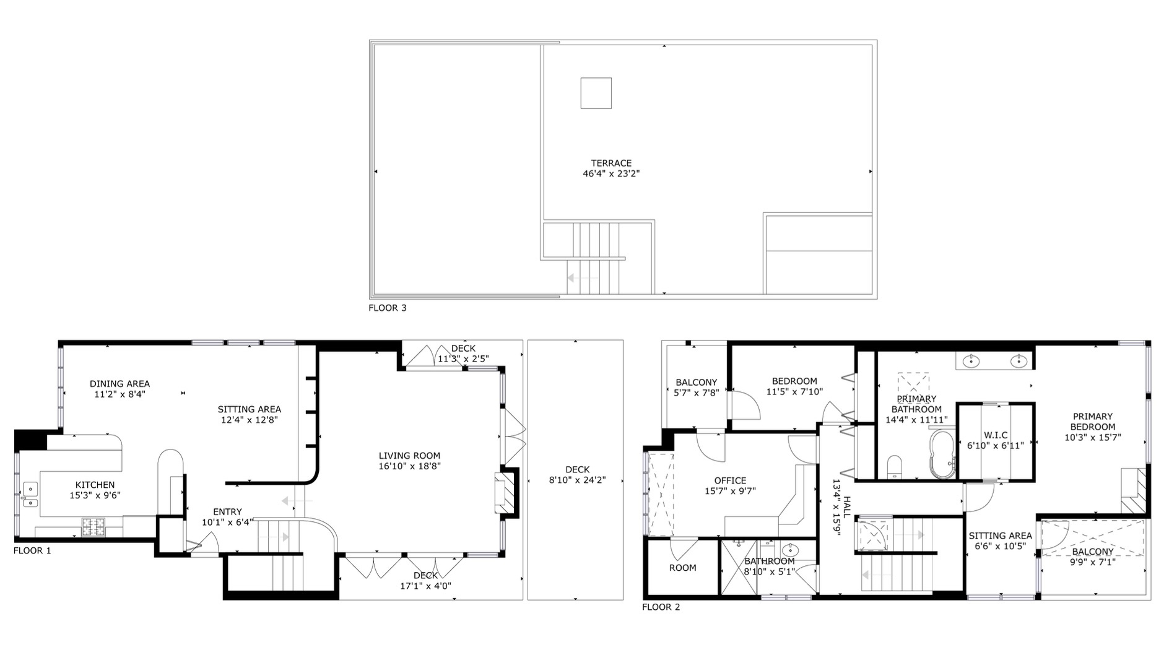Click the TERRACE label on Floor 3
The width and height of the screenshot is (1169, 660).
611,163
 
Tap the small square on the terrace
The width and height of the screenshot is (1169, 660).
596,93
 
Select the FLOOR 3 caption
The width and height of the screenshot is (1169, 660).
388,308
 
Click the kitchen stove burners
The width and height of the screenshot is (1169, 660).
94,527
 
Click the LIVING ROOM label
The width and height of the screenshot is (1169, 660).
409,456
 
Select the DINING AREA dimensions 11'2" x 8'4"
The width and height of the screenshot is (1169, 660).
120,394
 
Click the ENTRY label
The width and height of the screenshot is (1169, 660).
227,512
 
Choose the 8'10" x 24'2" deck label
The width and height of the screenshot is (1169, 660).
577,480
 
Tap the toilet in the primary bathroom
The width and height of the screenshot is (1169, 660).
895,467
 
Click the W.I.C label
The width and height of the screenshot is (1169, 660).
996,435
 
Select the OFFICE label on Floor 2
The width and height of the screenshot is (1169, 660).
730,480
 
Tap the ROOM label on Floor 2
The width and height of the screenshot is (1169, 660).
682,568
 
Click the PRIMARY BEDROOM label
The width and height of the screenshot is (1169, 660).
1093,422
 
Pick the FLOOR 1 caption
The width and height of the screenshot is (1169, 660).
32,550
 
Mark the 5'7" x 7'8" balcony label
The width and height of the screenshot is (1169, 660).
696,393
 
